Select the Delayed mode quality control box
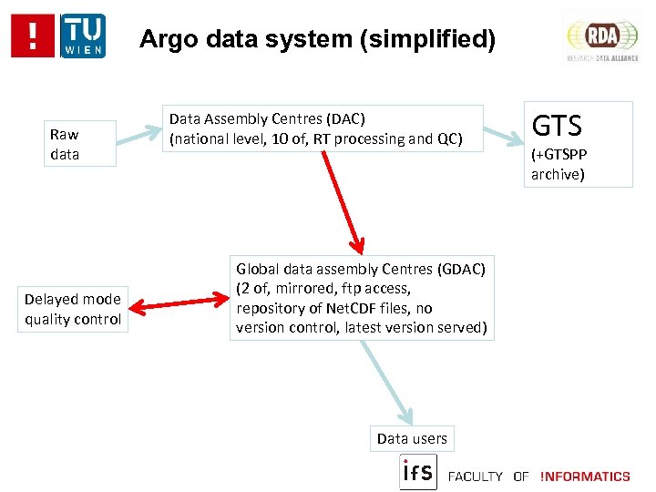click(x=73, y=309)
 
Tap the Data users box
click(x=412, y=438)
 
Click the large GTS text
click(x=556, y=126)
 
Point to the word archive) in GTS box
click(x=558, y=174)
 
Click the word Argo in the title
click(x=167, y=39)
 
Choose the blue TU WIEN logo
click(x=82, y=36)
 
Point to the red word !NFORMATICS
click(x=584, y=476)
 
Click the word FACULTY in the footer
click(x=476, y=476)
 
